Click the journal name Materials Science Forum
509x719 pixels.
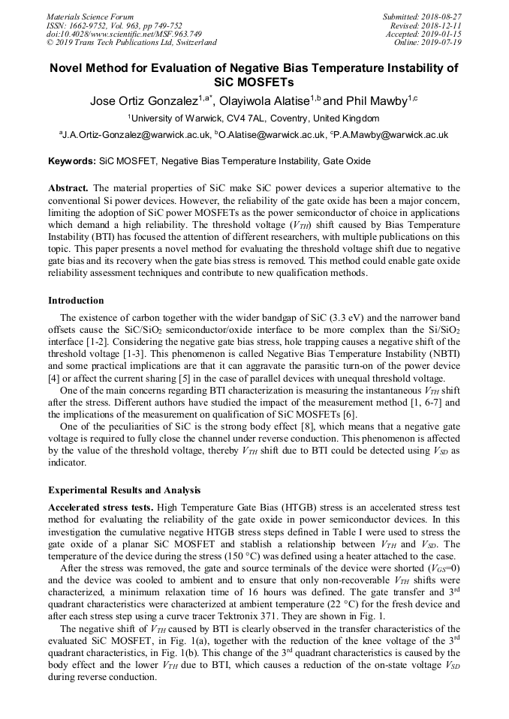90,16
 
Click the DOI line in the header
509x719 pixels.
124,34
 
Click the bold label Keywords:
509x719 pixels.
72,160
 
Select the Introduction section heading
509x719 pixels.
76,301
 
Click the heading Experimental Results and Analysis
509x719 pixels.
125,490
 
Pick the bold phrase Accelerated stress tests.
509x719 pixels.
100,508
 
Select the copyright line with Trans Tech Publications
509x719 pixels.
131,43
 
